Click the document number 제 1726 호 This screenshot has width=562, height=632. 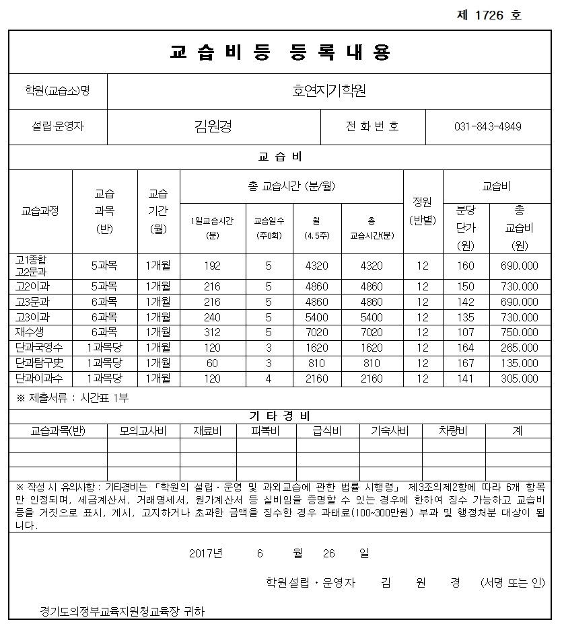tap(489, 15)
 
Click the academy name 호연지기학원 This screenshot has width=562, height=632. tap(329, 90)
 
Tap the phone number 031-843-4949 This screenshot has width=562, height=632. tap(488, 126)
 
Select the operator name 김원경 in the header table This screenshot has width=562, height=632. tap(213, 126)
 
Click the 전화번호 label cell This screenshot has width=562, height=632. tap(372, 126)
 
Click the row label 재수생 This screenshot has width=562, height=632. tap(29, 331)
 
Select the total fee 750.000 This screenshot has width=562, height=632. tap(519, 332)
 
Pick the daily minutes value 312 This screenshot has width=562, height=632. tap(212, 332)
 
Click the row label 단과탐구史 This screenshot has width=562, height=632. tap(39, 363)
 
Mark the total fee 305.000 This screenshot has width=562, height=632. tap(519, 379)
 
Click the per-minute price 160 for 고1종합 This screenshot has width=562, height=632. tap(466, 266)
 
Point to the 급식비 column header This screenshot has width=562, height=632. tap(327, 431)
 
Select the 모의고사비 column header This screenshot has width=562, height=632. tap(143, 431)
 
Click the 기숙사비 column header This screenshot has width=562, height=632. tap(390, 431)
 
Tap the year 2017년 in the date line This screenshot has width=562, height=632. tap(205, 553)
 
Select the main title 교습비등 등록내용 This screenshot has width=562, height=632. tap(281, 52)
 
